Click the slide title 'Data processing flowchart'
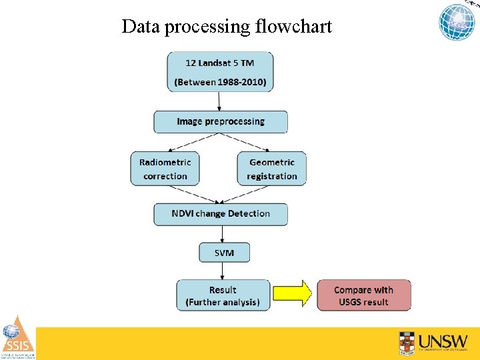pos(227,27)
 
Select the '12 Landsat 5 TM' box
pos(220,71)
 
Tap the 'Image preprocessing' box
pos(221,122)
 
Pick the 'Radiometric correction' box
pos(165,169)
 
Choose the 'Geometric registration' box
pos(271,169)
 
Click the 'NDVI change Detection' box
pos(221,214)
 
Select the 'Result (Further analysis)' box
pos(223,295)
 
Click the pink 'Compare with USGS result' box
pos(363,295)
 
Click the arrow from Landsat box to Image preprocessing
pos(219,101)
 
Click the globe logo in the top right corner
pos(457,22)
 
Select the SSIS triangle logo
pos(17,337)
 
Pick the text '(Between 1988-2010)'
pos(220,83)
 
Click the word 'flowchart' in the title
pos(293,27)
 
